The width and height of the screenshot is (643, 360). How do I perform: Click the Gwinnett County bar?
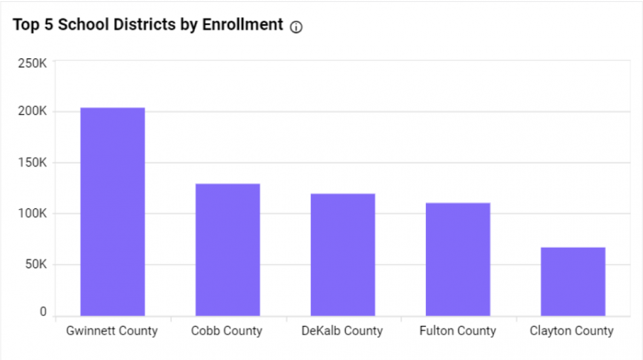click(112, 212)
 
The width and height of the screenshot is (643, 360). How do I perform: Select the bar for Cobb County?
click(228, 250)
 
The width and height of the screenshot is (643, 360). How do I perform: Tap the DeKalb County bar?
click(342, 255)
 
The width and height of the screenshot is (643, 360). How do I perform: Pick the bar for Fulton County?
click(458, 260)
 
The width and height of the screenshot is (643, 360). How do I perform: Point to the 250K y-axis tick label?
click(32, 64)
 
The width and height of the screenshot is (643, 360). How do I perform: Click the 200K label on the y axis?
click(32, 111)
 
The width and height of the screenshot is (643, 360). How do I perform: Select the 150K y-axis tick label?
click(32, 163)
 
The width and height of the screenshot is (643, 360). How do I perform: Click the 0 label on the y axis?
click(43, 312)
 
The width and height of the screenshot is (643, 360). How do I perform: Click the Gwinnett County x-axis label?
click(112, 331)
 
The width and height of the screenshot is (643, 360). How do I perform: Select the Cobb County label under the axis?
click(227, 331)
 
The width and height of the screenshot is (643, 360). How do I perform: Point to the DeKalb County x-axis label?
click(342, 331)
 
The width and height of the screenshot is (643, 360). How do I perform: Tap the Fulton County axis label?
click(458, 331)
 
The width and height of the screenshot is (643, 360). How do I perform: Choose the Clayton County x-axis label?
click(571, 331)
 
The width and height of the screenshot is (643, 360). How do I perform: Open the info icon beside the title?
click(296, 27)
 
